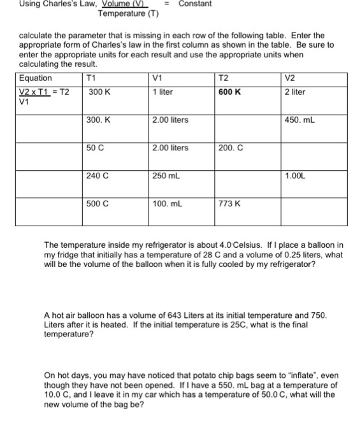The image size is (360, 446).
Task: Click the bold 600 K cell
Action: (x=229, y=92)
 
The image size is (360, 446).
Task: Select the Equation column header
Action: (x=36, y=78)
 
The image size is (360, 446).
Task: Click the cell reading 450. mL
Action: (x=301, y=120)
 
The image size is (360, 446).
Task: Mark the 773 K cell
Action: (x=229, y=204)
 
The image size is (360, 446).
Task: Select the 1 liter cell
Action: (x=163, y=92)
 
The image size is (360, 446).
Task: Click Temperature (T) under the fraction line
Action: (x=128, y=13)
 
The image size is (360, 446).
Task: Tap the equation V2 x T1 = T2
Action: (x=43, y=92)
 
